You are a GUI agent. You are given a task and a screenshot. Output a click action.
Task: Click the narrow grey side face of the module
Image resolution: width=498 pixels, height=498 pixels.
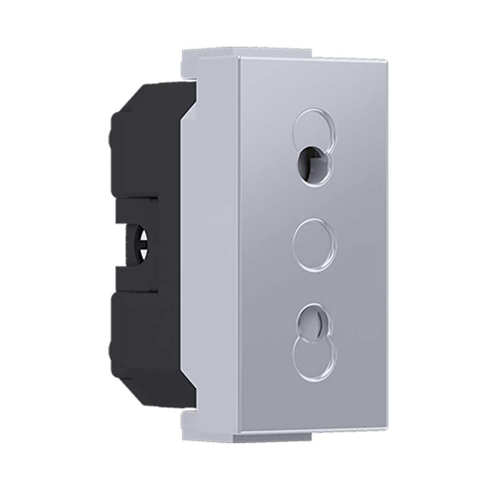point(215,243)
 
